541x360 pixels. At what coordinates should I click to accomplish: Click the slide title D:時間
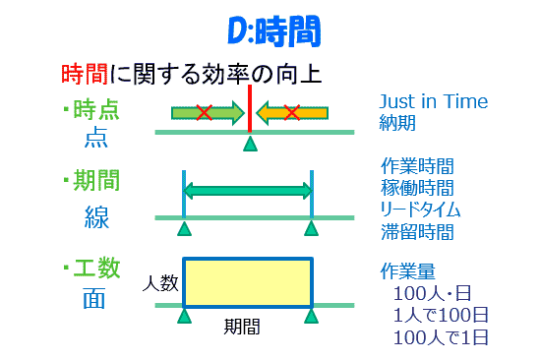tap(270, 32)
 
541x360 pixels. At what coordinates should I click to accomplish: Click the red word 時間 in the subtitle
tap(81, 74)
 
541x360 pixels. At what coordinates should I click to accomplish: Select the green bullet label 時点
tap(95, 109)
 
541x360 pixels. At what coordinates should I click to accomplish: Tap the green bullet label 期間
tap(95, 181)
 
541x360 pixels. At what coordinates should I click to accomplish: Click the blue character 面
tap(94, 300)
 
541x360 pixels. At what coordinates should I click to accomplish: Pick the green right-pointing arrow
tap(207, 113)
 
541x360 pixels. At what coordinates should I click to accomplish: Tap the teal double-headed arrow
tap(247, 193)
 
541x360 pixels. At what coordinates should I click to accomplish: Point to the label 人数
tap(160, 283)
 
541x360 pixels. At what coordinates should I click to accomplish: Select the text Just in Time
tap(433, 102)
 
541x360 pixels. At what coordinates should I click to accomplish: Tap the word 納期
tap(398, 124)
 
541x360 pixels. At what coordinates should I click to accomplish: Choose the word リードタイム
tap(420, 210)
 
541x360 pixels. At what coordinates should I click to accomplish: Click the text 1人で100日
tap(441, 316)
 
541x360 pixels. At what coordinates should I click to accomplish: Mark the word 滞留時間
tap(417, 232)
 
